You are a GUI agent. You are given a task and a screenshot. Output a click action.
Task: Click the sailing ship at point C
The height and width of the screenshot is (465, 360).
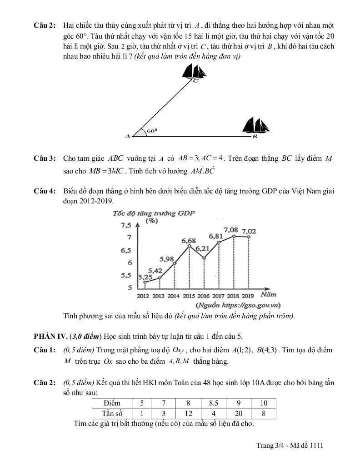194,71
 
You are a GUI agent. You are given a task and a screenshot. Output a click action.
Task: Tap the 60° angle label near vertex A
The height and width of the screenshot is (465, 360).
152,130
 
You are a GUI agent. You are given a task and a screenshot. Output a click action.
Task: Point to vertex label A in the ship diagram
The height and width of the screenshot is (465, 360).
128,136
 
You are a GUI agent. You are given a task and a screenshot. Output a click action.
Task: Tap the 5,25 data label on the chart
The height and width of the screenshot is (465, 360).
145,277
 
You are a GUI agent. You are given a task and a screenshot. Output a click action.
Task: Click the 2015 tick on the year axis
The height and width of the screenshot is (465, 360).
189,296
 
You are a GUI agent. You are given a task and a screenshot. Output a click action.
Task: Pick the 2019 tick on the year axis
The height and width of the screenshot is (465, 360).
248,296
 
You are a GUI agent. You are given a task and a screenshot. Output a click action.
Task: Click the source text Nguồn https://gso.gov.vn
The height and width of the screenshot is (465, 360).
238,305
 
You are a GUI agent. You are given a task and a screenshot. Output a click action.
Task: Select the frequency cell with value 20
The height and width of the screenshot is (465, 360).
239,413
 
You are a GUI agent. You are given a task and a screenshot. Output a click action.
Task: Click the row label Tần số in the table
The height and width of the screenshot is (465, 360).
112,413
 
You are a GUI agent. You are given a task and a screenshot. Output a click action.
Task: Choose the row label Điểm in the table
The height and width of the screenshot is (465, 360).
112,403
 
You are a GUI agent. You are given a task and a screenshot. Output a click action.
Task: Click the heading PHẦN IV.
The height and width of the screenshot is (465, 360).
50,336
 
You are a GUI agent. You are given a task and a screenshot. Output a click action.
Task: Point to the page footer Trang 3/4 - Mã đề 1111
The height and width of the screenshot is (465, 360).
290,446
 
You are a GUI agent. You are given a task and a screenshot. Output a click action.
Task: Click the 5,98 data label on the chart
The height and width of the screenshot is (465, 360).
167,259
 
